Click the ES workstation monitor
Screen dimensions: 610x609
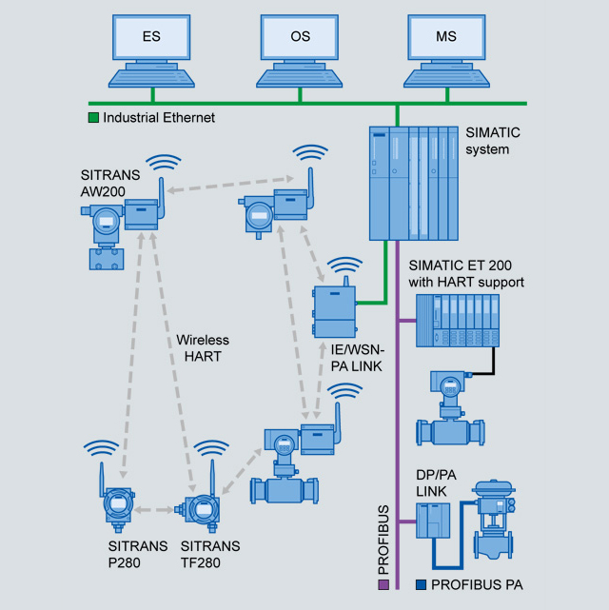coord(150,40)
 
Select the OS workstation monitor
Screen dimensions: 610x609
coord(300,40)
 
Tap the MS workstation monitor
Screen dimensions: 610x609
coord(446,40)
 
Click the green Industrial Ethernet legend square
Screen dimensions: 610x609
coord(93,118)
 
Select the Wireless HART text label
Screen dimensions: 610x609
coord(203,347)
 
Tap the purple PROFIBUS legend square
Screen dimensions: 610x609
coord(383,583)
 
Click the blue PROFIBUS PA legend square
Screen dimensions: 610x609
coord(421,583)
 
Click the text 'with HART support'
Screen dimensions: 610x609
coord(466,282)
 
